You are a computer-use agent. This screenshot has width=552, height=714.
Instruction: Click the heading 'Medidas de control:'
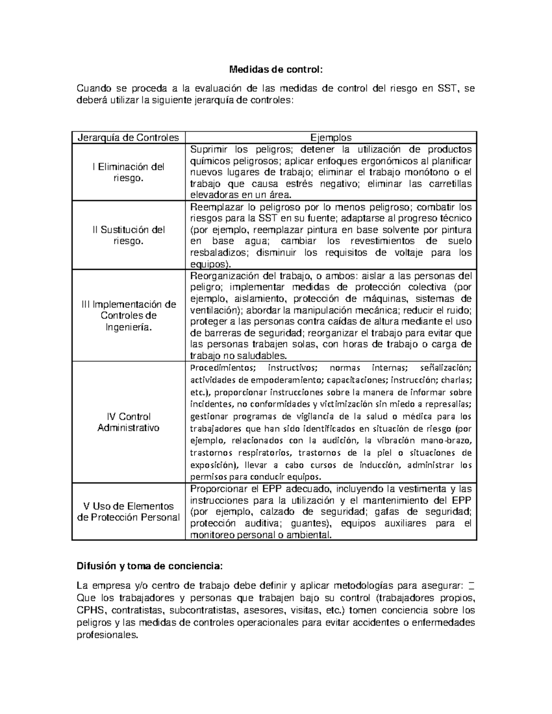[x=276, y=70]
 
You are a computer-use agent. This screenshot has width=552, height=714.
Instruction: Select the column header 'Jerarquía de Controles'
[x=128, y=137]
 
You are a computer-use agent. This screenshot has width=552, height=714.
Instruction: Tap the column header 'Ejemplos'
[x=331, y=137]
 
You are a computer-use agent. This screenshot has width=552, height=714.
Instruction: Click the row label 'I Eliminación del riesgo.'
[x=128, y=172]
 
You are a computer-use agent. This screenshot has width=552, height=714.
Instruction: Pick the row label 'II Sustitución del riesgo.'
[x=128, y=235]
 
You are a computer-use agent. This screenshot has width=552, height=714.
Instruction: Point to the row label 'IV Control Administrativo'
[x=128, y=422]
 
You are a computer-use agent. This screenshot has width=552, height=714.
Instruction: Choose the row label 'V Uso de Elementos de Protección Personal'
[x=128, y=512]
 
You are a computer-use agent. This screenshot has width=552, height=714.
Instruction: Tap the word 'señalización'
[x=446, y=368]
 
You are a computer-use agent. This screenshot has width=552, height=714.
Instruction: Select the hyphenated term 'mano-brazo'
[x=449, y=440]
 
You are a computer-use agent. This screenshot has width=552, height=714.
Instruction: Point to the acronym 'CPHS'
[x=91, y=611]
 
